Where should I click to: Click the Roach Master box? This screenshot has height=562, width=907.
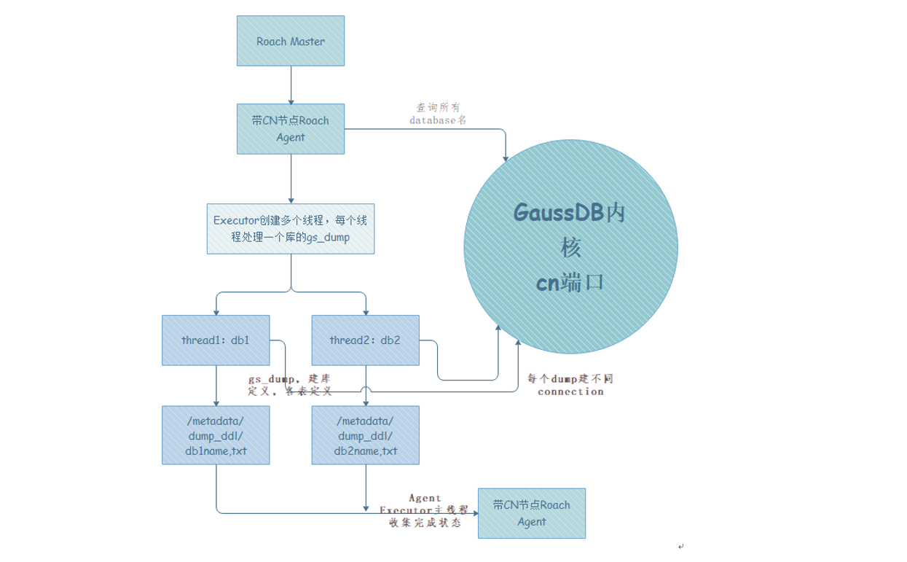click(291, 41)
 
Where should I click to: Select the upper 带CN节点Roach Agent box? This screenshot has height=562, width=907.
click(291, 128)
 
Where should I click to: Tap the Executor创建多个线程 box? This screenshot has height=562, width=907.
click(291, 228)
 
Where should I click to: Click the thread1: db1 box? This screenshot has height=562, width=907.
click(216, 340)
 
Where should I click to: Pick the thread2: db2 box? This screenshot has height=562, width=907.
click(365, 340)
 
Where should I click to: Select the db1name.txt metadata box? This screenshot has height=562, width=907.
click(216, 435)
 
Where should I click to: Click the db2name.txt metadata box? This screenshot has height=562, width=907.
click(365, 435)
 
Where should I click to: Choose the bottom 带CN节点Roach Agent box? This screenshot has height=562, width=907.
click(531, 513)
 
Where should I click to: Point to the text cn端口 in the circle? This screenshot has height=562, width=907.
click(570, 283)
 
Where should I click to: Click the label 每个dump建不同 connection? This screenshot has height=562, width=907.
click(570, 385)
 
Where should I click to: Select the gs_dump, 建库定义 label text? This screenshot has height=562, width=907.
click(290, 385)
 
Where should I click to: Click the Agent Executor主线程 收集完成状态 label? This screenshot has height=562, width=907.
click(424, 510)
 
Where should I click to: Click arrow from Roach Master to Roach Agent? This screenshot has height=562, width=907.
click(291, 85)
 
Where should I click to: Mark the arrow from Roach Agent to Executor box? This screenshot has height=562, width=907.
click(291, 179)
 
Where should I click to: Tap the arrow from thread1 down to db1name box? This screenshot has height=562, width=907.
click(216, 385)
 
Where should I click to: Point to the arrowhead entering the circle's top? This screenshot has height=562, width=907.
click(506, 157)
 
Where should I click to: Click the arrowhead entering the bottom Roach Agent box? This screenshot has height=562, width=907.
click(474, 513)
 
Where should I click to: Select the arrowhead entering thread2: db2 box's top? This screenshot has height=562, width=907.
click(365, 311)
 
